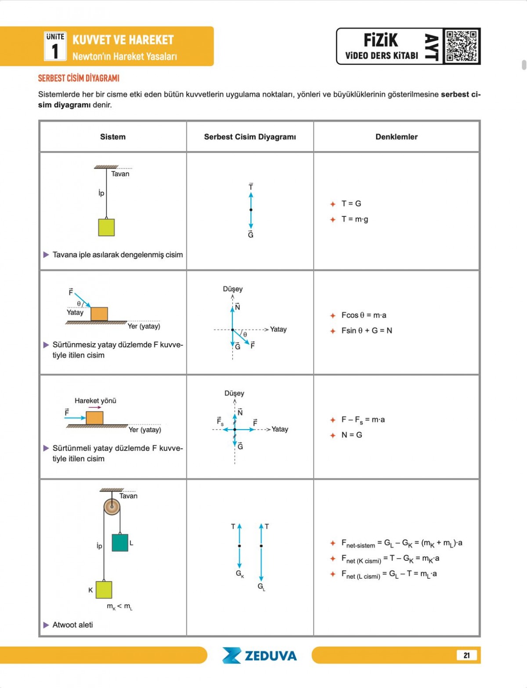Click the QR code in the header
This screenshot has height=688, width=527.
(x=462, y=46)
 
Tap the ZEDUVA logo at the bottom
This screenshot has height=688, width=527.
(x=260, y=656)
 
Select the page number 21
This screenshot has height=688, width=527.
(x=466, y=655)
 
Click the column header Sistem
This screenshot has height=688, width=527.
(x=113, y=137)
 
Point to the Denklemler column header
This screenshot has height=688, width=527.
(x=396, y=137)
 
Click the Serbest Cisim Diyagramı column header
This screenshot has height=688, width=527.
(x=250, y=137)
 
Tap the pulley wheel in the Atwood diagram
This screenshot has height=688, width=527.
(x=112, y=507)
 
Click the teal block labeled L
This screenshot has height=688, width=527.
(x=120, y=542)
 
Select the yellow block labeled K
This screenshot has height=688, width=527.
(x=104, y=590)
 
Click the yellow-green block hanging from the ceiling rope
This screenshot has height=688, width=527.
(x=106, y=227)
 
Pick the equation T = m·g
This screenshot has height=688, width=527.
(x=355, y=219)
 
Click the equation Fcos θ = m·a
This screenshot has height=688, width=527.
(x=364, y=315)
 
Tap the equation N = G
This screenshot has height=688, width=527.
(x=352, y=435)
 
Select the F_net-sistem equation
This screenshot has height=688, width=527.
(x=401, y=544)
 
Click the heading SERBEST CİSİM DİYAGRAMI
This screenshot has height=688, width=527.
(x=79, y=78)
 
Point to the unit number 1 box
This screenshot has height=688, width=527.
(x=55, y=47)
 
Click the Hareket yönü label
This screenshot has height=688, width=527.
(x=95, y=401)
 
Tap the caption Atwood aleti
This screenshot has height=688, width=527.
(x=72, y=625)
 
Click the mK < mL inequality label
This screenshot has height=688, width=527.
(x=119, y=606)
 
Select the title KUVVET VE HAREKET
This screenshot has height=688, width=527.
(x=123, y=40)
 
